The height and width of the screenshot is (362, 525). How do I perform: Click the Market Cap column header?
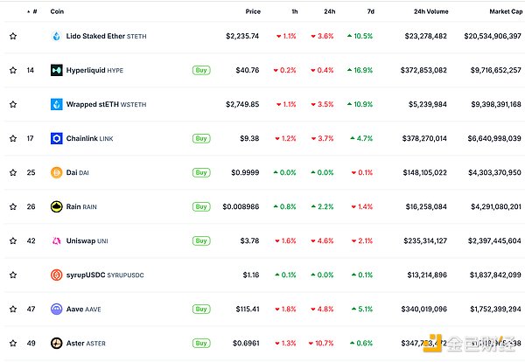point(500,11)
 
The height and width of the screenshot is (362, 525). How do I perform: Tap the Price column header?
point(253,11)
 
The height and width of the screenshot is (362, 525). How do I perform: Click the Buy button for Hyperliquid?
point(201,70)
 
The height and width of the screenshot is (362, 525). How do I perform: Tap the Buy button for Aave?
point(201,309)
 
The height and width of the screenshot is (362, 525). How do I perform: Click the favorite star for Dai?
point(12,172)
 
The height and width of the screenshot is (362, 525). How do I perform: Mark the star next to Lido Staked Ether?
point(12,36)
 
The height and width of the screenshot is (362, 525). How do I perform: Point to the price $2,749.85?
point(242,104)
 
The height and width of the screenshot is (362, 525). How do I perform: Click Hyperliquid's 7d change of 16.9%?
point(360,70)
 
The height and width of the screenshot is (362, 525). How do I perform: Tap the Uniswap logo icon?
point(56,240)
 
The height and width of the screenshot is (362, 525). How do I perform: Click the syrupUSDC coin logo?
point(56,275)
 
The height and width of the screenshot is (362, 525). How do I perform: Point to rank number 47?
point(33,309)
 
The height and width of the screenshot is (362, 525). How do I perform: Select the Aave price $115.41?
point(245,309)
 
